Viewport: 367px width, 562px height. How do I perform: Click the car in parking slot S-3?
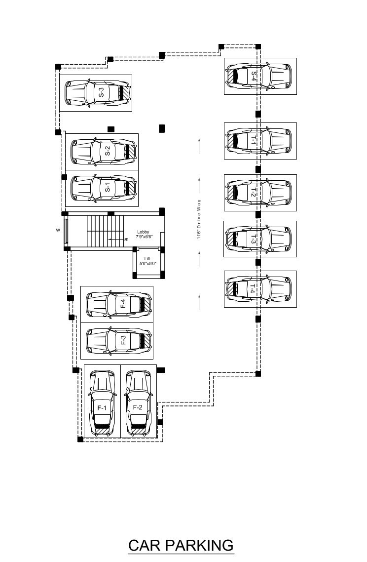[x=97, y=92]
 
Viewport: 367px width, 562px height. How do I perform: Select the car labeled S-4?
[x=259, y=76]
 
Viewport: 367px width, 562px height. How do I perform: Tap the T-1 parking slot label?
[x=254, y=140]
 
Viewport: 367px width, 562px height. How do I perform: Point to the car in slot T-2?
[x=259, y=192]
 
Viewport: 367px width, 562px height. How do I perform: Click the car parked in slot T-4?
[x=259, y=288]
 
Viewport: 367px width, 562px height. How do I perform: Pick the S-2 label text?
[x=107, y=151]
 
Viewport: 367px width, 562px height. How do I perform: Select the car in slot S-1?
[x=104, y=188]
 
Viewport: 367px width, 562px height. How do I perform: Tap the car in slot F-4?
[x=119, y=304]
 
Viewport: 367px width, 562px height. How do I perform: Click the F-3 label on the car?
[x=123, y=340]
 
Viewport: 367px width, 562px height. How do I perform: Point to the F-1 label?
[x=102, y=408]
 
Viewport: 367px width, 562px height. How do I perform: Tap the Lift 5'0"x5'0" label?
[x=147, y=261]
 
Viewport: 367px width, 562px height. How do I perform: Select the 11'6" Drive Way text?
[x=199, y=219]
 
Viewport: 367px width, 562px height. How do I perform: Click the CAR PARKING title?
[x=181, y=545]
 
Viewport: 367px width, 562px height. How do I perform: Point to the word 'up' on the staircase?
[x=126, y=240]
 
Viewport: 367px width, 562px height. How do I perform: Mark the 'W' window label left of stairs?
[x=58, y=230]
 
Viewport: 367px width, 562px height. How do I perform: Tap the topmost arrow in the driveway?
[x=199, y=146]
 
